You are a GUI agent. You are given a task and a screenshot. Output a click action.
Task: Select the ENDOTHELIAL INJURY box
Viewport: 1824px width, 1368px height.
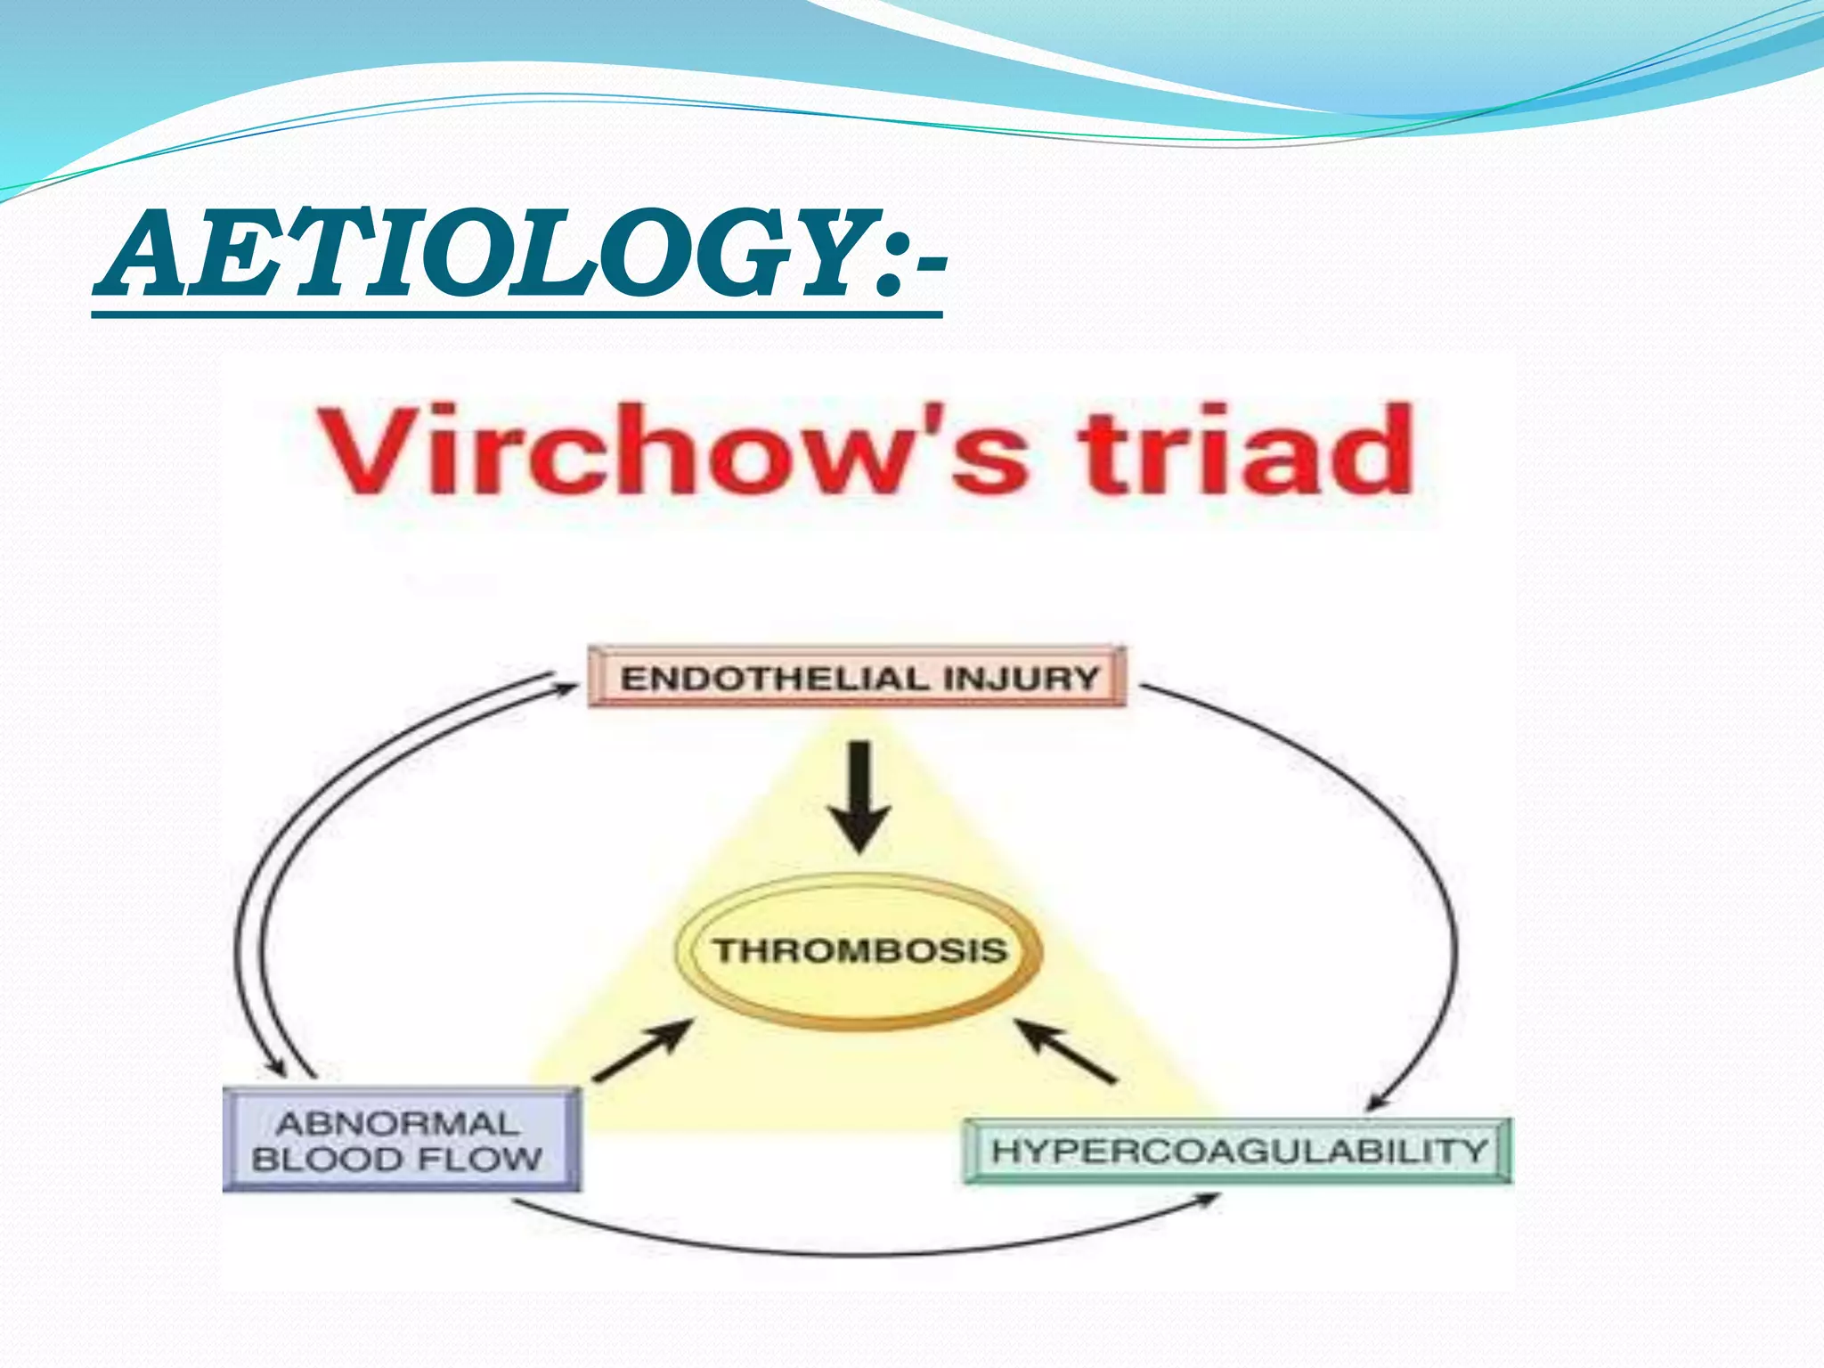(857, 678)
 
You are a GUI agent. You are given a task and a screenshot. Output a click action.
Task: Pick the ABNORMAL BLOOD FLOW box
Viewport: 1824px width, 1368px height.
(400, 1141)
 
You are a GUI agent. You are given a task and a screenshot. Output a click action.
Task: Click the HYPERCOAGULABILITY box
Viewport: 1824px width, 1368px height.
(1238, 1151)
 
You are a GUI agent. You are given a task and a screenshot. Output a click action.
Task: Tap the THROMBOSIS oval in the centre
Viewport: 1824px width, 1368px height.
(859, 951)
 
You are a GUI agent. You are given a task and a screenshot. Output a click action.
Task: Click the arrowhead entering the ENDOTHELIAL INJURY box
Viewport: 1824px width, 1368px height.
(566, 687)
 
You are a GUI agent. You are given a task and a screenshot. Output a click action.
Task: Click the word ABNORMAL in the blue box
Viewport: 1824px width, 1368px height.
(397, 1123)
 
